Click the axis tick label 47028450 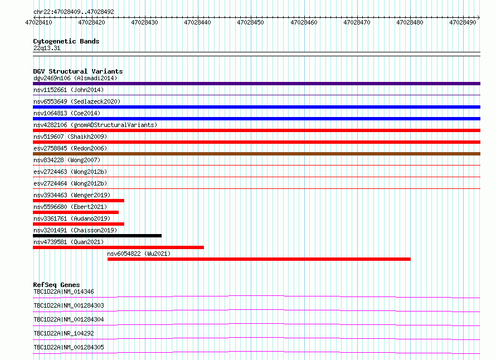coord(250,22)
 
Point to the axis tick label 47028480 coord(410,22)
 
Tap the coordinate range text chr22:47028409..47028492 coord(74,12)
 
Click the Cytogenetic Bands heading coord(66,41)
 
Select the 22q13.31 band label coord(47,48)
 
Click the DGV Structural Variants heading coord(78,71)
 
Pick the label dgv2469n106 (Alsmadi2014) coord(75,78)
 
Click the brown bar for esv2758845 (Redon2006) coord(256,154)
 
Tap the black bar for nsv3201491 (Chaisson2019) coord(97,236)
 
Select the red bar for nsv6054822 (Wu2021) coord(259,259)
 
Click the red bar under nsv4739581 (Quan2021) coord(118,247)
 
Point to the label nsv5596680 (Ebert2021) coord(70,207)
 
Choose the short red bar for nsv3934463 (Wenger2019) coord(79,201)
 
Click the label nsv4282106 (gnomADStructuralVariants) coord(95,125)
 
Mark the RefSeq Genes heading coord(56,285)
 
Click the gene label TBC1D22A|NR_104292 coord(64,333)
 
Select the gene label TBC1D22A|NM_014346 coord(64,291)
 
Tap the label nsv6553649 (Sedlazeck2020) coord(77,101)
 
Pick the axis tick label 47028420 coord(91,22)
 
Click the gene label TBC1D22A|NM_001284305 coord(69,347)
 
